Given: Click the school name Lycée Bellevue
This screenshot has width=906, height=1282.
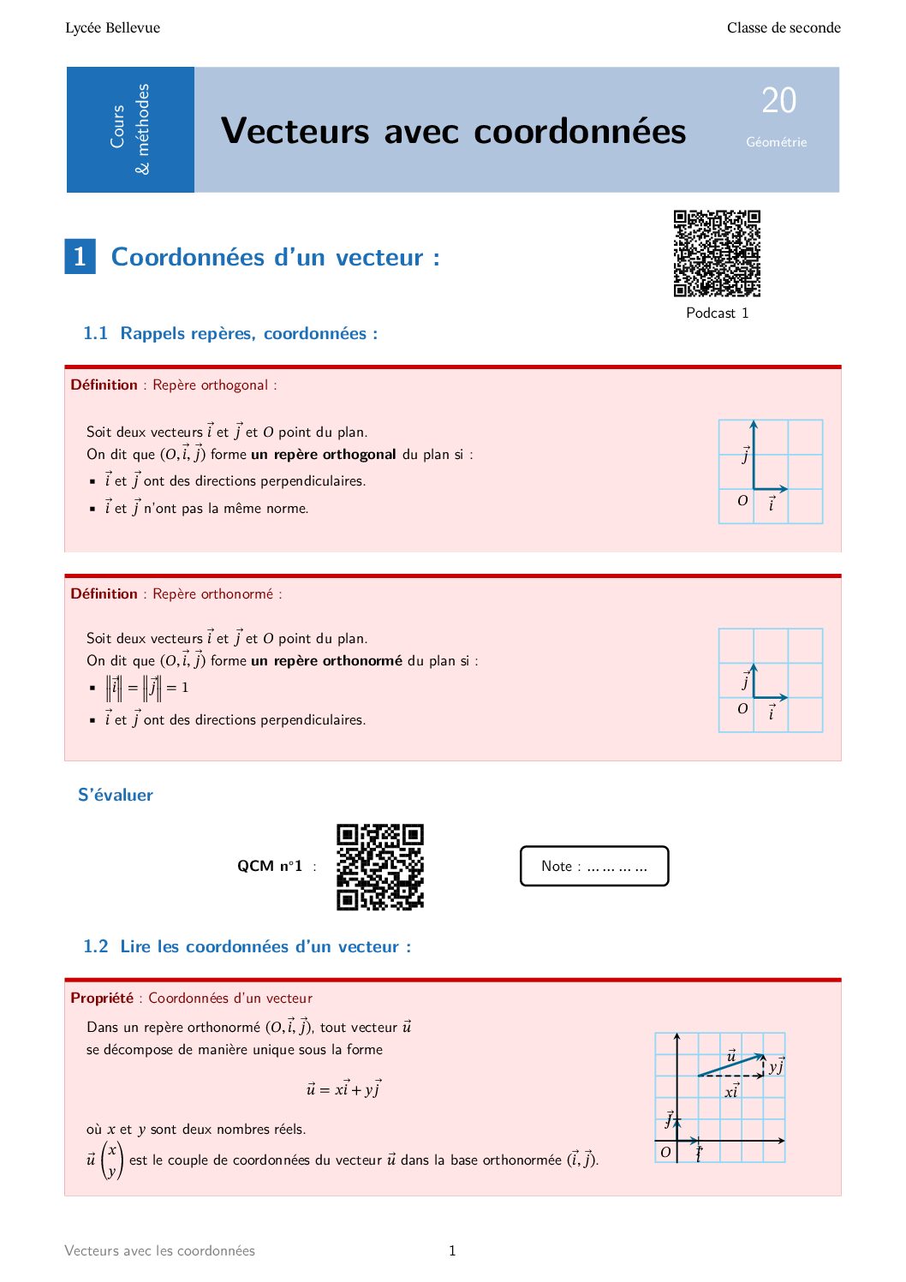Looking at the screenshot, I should coord(112,27).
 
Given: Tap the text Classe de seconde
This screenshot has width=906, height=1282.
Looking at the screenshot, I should coord(784,27).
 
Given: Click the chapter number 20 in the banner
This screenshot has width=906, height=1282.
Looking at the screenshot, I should coord(778,101).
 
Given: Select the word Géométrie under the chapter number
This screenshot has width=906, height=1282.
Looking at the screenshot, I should coord(776,142).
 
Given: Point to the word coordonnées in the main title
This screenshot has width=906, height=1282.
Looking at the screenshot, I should coord(580,131).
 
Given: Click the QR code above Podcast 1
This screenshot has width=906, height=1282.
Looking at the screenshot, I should coord(717,253).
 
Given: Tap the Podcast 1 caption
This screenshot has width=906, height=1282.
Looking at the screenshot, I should coord(717,313).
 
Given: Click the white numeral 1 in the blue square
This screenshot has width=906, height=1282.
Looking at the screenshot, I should coord(80,256).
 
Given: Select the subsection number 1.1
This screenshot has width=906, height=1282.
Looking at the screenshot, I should coord(95,333).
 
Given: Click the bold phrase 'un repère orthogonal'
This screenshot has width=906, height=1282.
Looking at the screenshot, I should coord(323,454).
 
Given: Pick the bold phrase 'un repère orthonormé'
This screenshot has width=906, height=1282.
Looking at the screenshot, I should coord(326,660).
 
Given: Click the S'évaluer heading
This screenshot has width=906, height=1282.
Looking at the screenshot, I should coord(116,795).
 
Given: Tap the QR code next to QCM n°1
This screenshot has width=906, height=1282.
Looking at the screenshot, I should coord(380,867).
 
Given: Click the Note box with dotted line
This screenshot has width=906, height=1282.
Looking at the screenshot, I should coord(594,866).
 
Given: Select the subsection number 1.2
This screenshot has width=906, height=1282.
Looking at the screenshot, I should coord(95,946).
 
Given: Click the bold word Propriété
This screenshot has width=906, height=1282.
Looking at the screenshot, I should coord(102,998).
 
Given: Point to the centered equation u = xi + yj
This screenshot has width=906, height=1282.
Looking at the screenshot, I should coord(344,1089).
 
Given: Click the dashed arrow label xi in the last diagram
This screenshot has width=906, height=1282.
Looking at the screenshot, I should coord(731,1092).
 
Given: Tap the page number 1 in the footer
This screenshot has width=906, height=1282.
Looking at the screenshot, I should coord(452,1250).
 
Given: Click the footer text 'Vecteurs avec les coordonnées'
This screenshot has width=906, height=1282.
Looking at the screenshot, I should coord(159,1250).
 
